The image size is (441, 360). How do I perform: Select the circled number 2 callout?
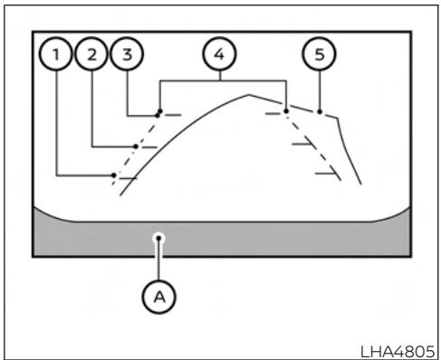pos(91,54)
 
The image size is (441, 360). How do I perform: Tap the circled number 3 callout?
pos(126,54)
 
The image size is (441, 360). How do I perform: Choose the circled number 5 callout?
pos(319,54)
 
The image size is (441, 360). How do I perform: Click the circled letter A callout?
pos(158,297)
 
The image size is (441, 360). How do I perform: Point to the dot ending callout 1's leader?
pos(113,175)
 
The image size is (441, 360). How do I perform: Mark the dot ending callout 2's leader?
pos(136,145)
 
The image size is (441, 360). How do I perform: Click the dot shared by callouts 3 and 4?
pos(159,113)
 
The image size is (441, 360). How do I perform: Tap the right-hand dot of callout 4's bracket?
pos(286,110)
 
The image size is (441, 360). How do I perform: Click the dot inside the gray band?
pos(158,237)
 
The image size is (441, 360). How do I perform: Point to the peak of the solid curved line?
pos(249,95)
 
